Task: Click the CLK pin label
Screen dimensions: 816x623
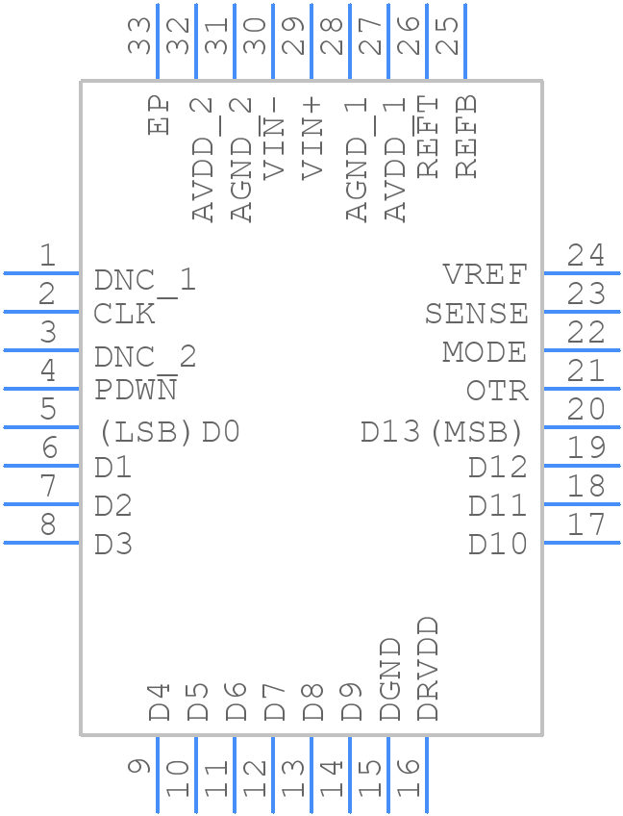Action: point(124,315)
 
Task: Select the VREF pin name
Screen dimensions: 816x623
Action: point(486,275)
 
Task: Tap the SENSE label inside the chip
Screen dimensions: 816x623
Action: point(476,315)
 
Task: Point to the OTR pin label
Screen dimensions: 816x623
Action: point(497,392)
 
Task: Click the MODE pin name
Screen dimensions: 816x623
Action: point(485,353)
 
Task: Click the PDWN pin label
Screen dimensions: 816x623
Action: point(136,391)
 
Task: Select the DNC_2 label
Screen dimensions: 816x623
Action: point(145,358)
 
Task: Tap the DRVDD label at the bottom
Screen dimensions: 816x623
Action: point(428,670)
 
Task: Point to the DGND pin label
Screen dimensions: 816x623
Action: point(389,679)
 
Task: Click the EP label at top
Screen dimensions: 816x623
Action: point(159,115)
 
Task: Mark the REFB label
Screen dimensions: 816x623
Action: point(466,136)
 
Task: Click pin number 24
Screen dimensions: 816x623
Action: point(586,256)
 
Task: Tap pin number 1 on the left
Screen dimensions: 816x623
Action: point(46,256)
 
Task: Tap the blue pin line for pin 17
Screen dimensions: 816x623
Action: point(582,543)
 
